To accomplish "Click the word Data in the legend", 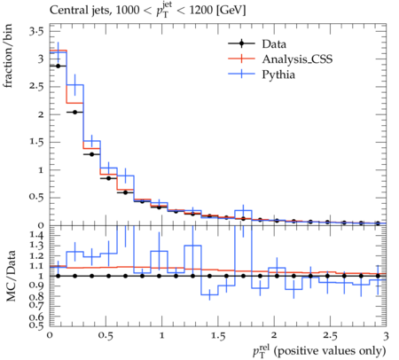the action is click(x=274, y=44).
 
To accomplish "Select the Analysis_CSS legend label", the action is click(x=297, y=59).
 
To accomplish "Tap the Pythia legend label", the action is click(x=278, y=74).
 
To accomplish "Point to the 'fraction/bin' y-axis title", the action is click(x=8, y=56).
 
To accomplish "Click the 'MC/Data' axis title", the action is click(x=11, y=277).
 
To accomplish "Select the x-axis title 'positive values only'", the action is click(x=330, y=351).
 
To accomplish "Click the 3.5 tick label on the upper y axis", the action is click(x=36, y=31).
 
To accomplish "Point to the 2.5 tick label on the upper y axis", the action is click(x=36, y=87).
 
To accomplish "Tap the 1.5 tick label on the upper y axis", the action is click(x=36, y=142).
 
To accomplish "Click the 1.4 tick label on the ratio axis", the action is click(x=36, y=235).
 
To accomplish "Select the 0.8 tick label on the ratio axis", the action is click(x=36, y=296).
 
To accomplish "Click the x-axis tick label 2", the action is click(x=274, y=335).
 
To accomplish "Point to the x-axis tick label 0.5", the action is click(x=106, y=336).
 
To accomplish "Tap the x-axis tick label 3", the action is click(x=386, y=336).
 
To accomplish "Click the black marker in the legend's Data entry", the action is click(x=241, y=43).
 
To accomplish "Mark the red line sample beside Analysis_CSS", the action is click(x=241, y=59).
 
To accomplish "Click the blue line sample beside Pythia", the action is click(x=241, y=74).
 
